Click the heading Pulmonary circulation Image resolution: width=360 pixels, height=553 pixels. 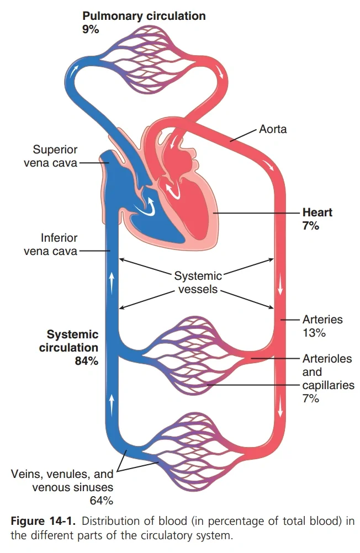(144, 16)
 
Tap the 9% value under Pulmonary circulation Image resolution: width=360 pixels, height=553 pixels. (91, 30)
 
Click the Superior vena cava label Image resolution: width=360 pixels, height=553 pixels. (55, 156)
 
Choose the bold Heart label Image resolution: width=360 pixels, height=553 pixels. (317, 212)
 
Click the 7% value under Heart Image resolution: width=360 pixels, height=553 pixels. (310, 226)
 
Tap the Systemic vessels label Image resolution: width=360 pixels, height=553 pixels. (198, 282)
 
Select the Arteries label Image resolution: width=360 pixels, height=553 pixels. (322, 320)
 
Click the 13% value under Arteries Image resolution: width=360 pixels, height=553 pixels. (314, 333)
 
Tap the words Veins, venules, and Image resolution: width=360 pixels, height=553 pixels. (62, 474)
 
